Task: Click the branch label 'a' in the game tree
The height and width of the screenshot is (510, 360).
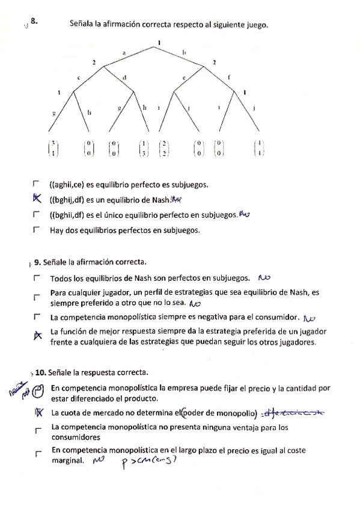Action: point(124,53)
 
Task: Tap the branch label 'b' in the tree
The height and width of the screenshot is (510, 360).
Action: point(185,53)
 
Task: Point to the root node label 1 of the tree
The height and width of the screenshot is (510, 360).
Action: point(159,41)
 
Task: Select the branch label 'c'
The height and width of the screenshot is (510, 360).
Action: point(79,78)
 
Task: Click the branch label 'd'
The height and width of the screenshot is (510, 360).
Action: point(124,77)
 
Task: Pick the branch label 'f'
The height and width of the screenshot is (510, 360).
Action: point(228,77)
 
